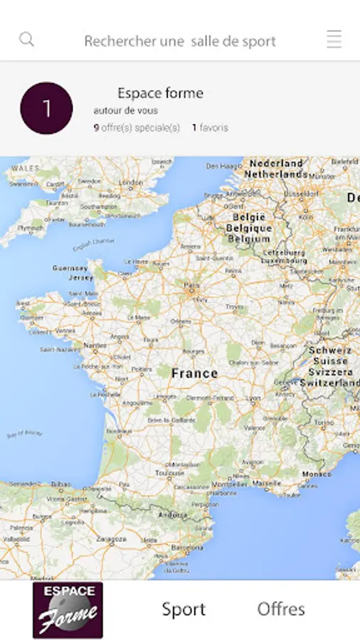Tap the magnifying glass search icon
tap(27, 39)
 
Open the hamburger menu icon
tap(334, 39)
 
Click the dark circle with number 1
tap(46, 108)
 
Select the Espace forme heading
tap(160, 93)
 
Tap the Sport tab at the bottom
tap(184, 609)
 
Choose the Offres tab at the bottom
tap(281, 609)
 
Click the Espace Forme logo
tap(68, 609)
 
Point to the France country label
tap(194, 373)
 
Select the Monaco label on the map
tap(317, 474)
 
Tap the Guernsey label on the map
tap(70, 268)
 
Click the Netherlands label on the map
tap(277, 174)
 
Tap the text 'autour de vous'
tap(126, 111)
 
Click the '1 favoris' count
tap(210, 128)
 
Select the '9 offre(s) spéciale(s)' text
tap(137, 128)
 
